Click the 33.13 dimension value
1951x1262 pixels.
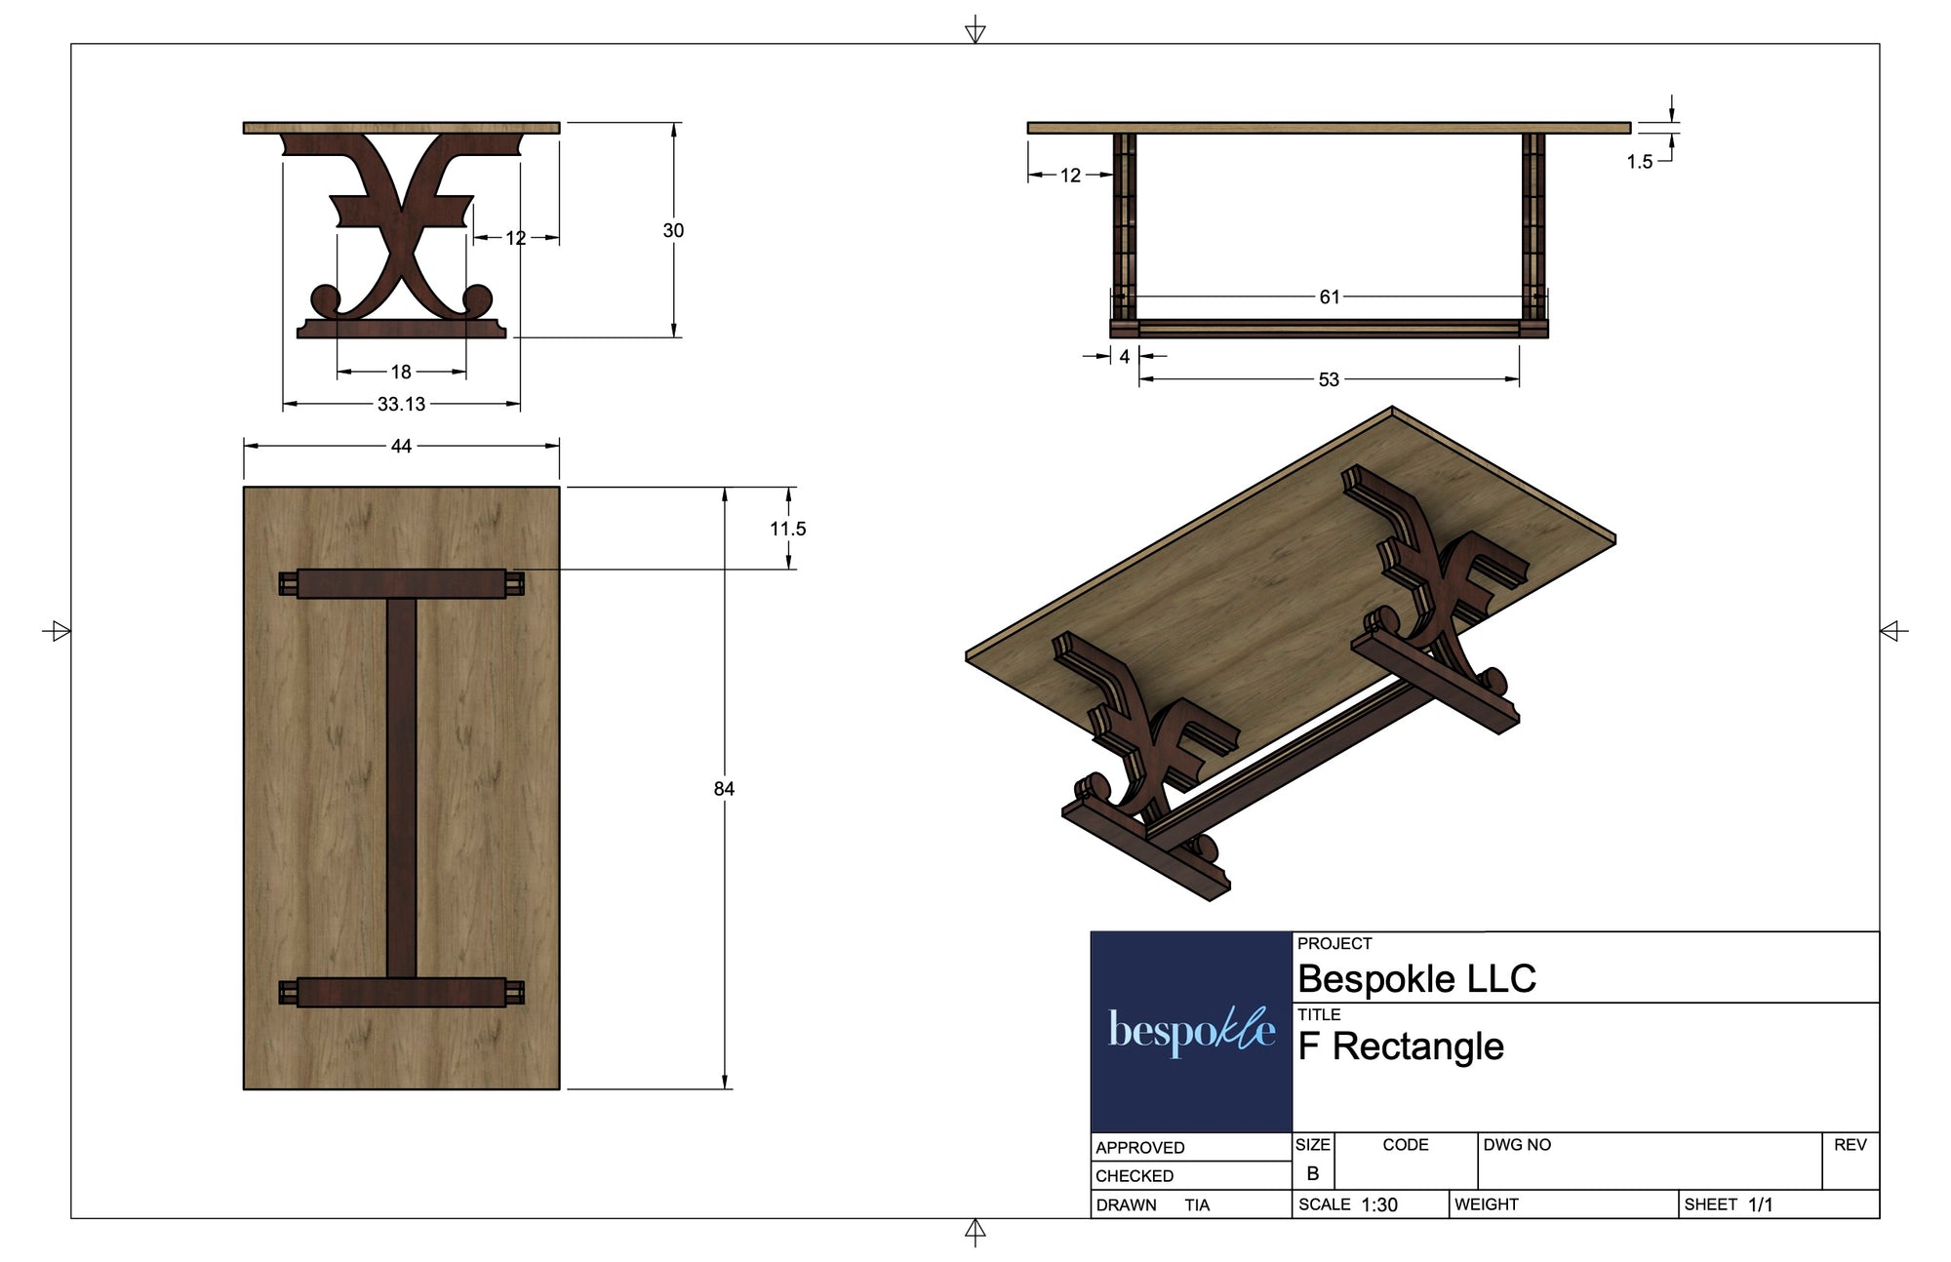401,404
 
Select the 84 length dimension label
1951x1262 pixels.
724,789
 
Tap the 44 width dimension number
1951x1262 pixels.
401,446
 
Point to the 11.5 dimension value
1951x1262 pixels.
788,529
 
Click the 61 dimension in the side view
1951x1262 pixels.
1330,296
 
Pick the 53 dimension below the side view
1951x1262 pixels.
1329,379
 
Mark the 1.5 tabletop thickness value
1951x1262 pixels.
1639,162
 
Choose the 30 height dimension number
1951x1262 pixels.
673,230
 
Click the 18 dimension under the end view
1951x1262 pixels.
401,372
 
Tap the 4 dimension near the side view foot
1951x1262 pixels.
1125,357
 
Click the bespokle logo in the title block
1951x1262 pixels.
1191,1031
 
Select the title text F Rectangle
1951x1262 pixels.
1401,1046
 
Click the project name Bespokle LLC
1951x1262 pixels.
1416,978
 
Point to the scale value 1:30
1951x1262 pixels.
1379,1205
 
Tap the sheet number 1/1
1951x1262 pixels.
1761,1204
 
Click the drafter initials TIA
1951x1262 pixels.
1197,1205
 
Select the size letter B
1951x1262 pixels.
1313,1173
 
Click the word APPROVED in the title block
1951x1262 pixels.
1139,1148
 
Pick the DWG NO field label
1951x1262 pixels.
1517,1145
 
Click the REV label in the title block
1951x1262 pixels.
1850,1145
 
